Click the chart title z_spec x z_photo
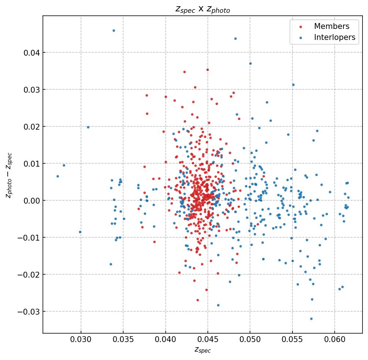click(203, 10)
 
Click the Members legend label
click(331, 26)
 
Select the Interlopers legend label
click(334, 37)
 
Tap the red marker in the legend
click(301, 27)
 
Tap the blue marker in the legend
click(301, 38)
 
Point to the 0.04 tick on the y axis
click(32, 53)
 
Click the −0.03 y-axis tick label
click(29, 312)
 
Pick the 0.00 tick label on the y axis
click(32, 201)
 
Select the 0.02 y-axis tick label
click(32, 127)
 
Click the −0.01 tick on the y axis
click(29, 238)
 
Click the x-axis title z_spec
click(202, 350)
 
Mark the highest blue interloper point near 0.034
click(114, 30)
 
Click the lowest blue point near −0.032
click(311, 319)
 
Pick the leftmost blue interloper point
click(58, 176)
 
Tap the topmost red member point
click(207, 70)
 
